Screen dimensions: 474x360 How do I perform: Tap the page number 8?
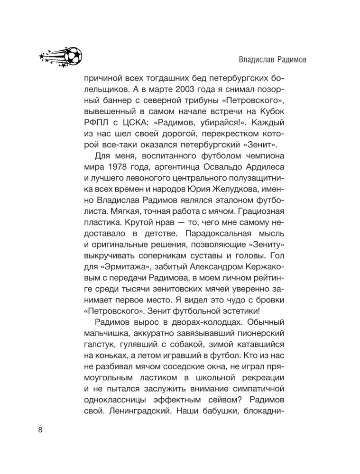39,429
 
